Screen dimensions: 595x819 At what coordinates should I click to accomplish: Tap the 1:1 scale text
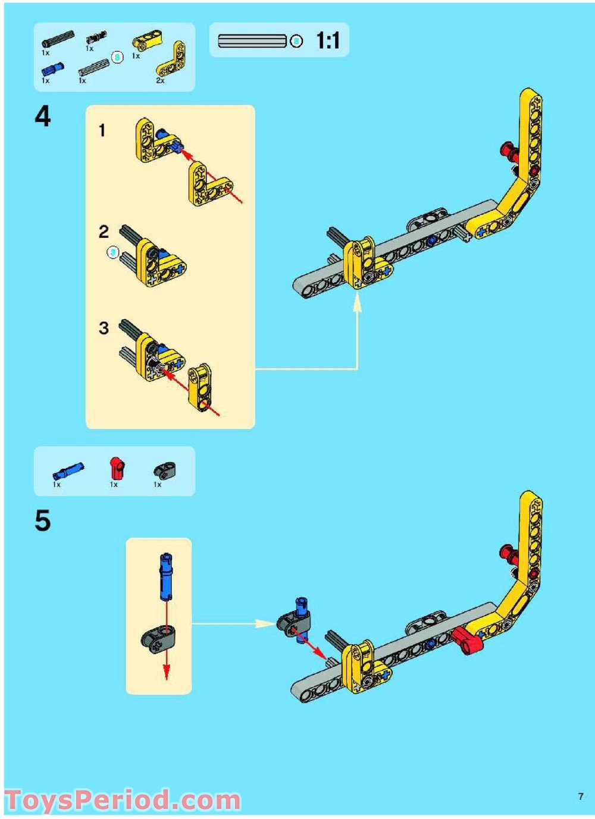328,40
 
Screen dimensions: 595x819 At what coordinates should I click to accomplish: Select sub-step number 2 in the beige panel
104,232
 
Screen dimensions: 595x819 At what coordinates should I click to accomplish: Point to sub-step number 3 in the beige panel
104,328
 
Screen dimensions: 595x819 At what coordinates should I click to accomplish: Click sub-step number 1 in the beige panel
102,130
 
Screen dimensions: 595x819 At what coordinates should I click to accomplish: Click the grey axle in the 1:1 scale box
252,41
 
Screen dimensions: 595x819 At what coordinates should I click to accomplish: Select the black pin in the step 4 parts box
96,37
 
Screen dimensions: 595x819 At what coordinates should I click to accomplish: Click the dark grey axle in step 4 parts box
58,37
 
